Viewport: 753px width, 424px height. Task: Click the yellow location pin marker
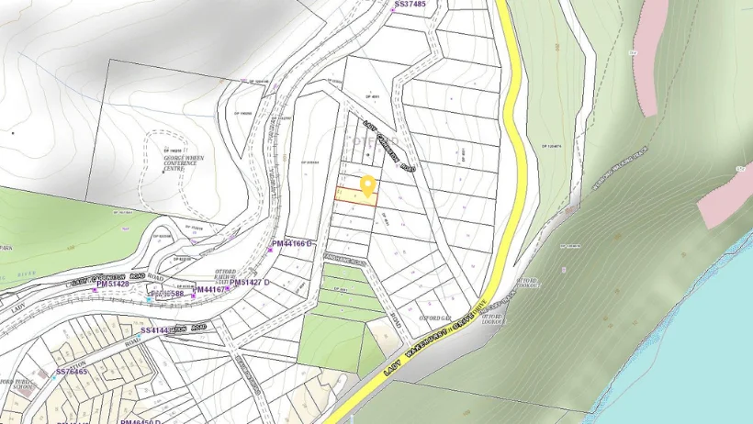pyautogui.click(x=368, y=185)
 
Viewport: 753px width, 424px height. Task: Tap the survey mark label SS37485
pyautogui.click(x=410, y=5)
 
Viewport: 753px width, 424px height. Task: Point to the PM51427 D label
pyautogui.click(x=250, y=284)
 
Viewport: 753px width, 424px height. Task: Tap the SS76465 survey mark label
pyautogui.click(x=72, y=372)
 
